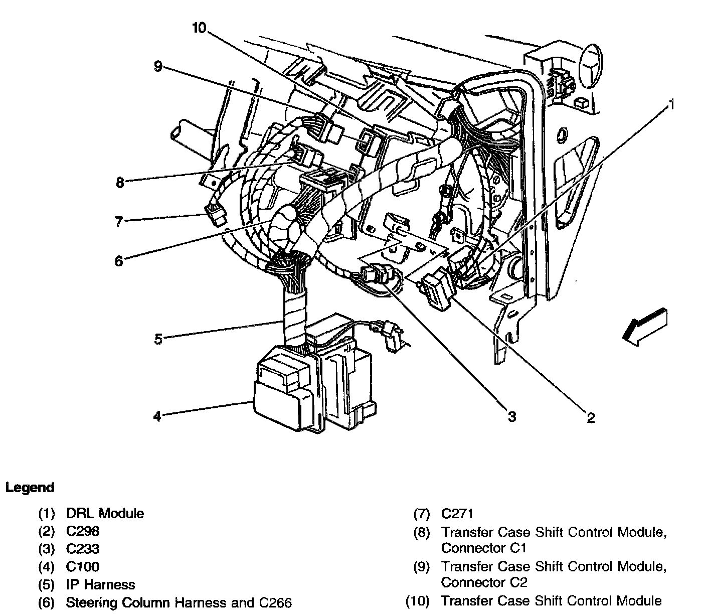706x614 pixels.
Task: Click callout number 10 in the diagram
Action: point(199,28)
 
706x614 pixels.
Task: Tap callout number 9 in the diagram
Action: point(158,66)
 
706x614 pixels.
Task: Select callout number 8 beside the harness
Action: point(119,183)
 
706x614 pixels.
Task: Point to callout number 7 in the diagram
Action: point(119,222)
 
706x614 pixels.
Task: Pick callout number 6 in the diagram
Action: point(119,261)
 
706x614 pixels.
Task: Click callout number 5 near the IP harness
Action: point(158,339)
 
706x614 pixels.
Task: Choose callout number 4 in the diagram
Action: point(157,416)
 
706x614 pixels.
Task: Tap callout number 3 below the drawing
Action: point(511,416)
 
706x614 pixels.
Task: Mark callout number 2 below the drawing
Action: point(591,417)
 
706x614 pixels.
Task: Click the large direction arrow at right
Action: point(644,327)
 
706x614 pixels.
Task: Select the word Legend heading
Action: point(30,488)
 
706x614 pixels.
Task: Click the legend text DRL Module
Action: point(105,514)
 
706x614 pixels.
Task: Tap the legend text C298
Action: point(83,531)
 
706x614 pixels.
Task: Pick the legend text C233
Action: point(83,549)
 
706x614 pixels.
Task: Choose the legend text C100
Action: point(83,567)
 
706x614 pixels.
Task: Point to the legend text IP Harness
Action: point(100,585)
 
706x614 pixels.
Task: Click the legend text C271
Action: point(457,514)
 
